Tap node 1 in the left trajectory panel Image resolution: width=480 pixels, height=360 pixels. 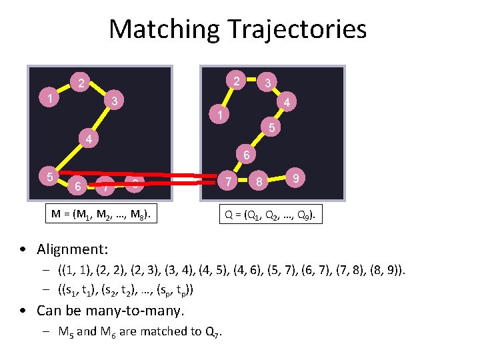pos(50,98)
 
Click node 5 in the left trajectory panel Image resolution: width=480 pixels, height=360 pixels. pos(49,177)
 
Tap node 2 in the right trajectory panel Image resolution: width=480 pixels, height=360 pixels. pos(236,81)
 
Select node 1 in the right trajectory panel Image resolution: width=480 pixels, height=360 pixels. pos(218,115)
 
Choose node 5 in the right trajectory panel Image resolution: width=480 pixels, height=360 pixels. pos(271,127)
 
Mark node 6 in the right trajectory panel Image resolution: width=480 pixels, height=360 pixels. pos(245,156)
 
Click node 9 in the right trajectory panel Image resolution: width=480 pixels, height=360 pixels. pos(295,178)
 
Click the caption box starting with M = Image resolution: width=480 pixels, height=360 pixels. pos(104,214)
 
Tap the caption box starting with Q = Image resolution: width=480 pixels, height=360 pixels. pos(272,215)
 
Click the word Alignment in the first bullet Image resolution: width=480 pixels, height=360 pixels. pos(72,249)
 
